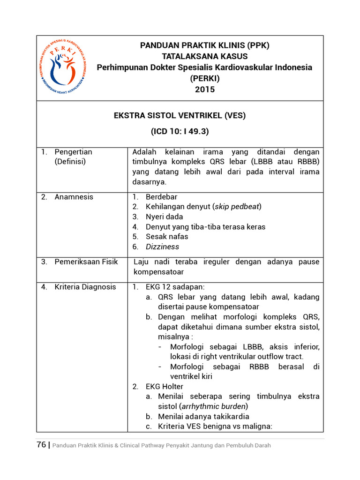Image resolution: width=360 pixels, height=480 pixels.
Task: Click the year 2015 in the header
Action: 205,89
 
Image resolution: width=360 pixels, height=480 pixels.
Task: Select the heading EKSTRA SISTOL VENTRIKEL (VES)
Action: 180,115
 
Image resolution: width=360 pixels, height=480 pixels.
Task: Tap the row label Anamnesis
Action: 74,197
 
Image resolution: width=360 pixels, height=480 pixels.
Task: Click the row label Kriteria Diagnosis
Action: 85,287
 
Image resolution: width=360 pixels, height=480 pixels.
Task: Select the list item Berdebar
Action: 161,197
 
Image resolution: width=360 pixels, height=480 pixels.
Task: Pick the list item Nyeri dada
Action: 164,217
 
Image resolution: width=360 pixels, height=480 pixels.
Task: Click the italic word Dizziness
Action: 162,247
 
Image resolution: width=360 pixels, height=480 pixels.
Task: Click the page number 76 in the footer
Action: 41,445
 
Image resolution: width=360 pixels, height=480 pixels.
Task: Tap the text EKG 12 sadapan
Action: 175,287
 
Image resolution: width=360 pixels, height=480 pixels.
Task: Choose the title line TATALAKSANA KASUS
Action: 205,56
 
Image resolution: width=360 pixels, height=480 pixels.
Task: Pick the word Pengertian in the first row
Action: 73,152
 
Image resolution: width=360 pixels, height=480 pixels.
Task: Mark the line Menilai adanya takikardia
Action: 203,416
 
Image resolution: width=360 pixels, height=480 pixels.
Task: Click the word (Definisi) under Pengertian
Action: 70,162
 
